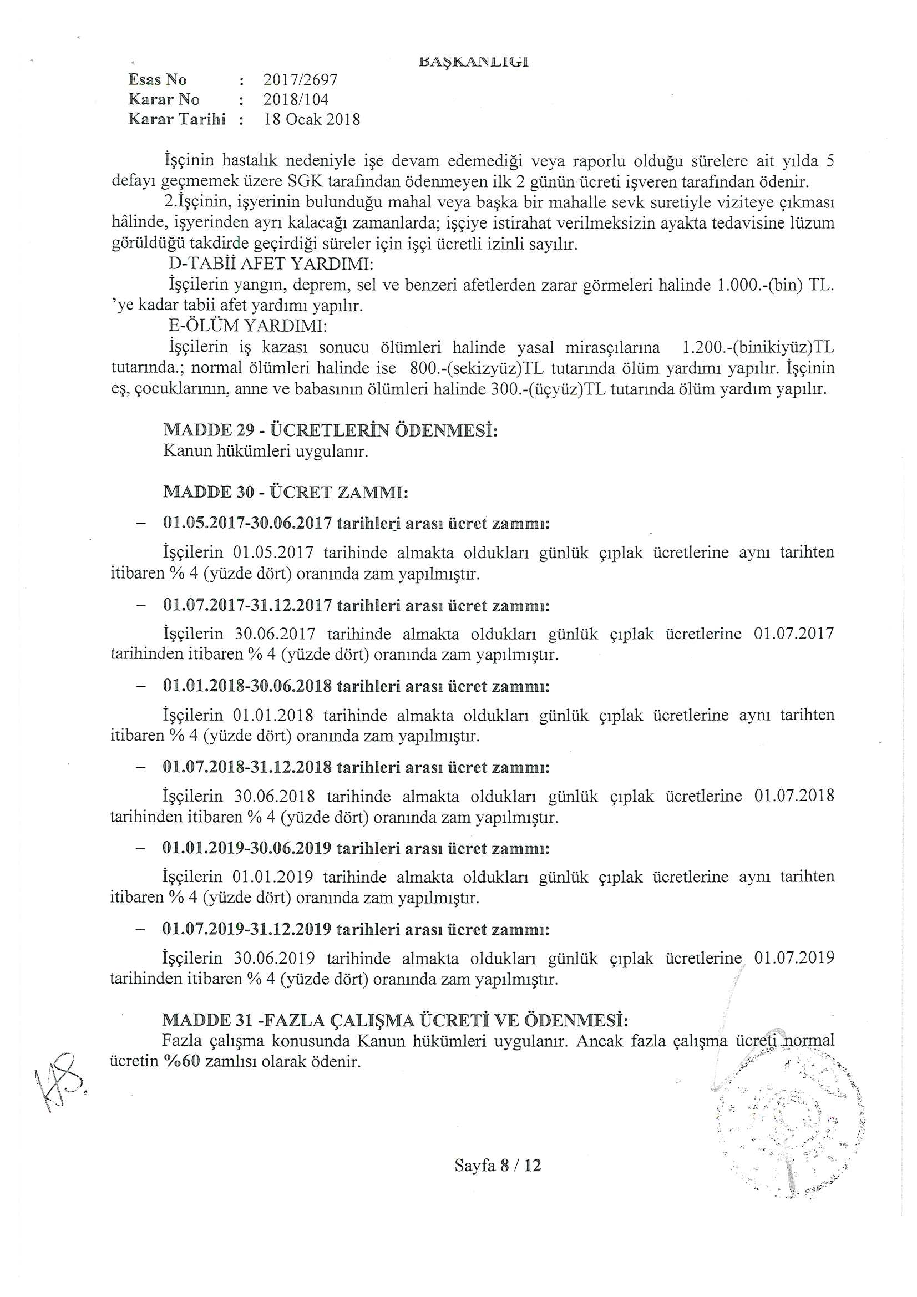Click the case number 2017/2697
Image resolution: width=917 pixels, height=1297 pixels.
[x=300, y=80]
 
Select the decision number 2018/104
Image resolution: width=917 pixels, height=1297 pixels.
[x=296, y=99]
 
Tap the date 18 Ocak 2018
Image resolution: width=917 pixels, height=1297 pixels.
[x=312, y=120]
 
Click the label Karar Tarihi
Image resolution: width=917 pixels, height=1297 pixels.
[x=177, y=119]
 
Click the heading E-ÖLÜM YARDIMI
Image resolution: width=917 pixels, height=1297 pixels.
[x=248, y=326]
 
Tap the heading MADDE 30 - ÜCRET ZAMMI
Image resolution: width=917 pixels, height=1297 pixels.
[x=285, y=492]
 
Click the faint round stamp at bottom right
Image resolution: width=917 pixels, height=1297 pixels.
[x=788, y=1124]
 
